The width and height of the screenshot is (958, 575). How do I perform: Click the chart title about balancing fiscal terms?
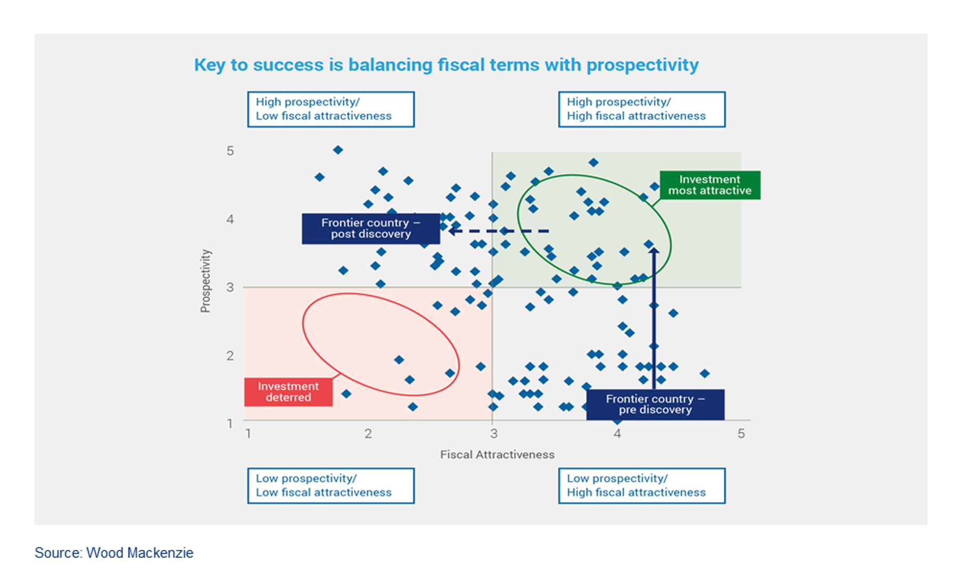(x=446, y=65)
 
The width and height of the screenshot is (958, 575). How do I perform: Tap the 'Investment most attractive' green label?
(x=709, y=185)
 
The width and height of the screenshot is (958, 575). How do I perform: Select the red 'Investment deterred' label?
(x=288, y=392)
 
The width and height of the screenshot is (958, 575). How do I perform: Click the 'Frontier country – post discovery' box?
(x=370, y=228)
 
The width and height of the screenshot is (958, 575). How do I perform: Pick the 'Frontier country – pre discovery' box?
(x=655, y=405)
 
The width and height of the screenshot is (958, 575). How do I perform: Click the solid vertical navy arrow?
(x=654, y=319)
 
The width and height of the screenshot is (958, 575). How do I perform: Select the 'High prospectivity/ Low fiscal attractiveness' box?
(x=331, y=109)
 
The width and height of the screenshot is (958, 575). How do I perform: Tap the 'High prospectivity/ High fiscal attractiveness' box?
(x=641, y=109)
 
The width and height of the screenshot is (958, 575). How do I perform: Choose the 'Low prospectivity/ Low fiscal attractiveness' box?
(x=331, y=486)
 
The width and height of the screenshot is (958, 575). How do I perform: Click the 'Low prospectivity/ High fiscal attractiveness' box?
(x=641, y=486)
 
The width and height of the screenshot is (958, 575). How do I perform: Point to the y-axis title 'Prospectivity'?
(x=205, y=281)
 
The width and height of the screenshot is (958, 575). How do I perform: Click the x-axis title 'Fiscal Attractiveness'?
(x=497, y=455)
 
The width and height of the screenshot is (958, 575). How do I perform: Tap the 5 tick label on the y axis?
(x=230, y=151)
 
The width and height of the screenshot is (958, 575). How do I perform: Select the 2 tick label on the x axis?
(x=368, y=434)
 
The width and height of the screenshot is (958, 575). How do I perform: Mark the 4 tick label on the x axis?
(x=617, y=434)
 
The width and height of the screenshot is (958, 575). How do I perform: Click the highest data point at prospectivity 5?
(x=338, y=150)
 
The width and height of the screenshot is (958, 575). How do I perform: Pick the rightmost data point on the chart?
(x=705, y=374)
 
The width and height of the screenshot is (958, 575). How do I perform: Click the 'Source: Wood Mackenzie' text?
(x=114, y=553)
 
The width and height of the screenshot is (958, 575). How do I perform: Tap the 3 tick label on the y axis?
(x=230, y=287)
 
